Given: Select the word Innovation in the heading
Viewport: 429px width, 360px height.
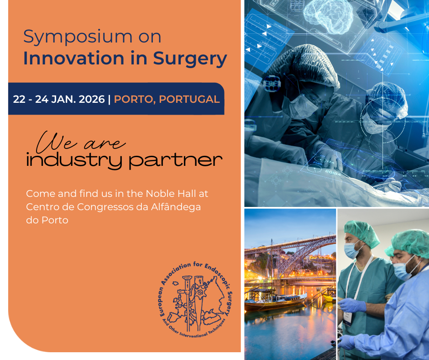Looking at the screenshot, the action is [x=74, y=58].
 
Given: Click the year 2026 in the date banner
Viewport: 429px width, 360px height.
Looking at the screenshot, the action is [x=92, y=99].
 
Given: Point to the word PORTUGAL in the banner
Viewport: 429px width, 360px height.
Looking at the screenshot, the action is [x=189, y=99].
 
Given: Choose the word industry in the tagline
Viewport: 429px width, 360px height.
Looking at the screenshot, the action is [x=74, y=160].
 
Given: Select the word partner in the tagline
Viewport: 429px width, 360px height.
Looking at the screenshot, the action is [x=175, y=161].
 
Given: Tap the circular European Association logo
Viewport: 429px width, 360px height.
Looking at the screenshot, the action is [x=196, y=299].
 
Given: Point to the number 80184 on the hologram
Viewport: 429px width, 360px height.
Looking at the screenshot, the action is [x=333, y=173].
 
